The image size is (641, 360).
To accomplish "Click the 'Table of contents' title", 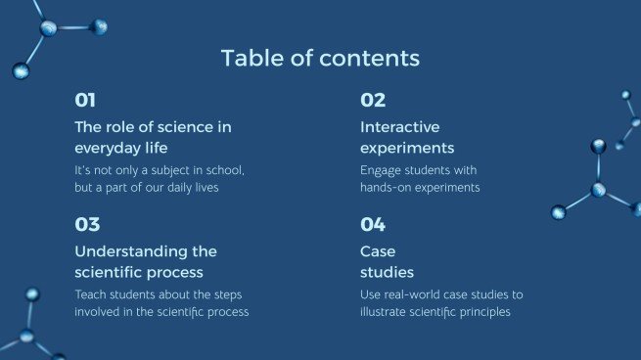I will coord(320,58).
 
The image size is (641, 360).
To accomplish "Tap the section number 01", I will coord(86,100).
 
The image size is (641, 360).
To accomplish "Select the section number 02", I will coord(373,100).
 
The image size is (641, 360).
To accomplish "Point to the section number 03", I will coord(87,224).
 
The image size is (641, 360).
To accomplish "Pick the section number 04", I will coord(373,224).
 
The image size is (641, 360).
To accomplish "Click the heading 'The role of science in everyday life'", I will coord(153,137).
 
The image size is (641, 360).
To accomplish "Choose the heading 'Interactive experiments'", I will coord(407,137).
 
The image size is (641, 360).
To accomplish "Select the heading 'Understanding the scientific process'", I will coord(146,261).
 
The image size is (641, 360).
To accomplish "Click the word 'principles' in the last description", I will coord(485,312).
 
